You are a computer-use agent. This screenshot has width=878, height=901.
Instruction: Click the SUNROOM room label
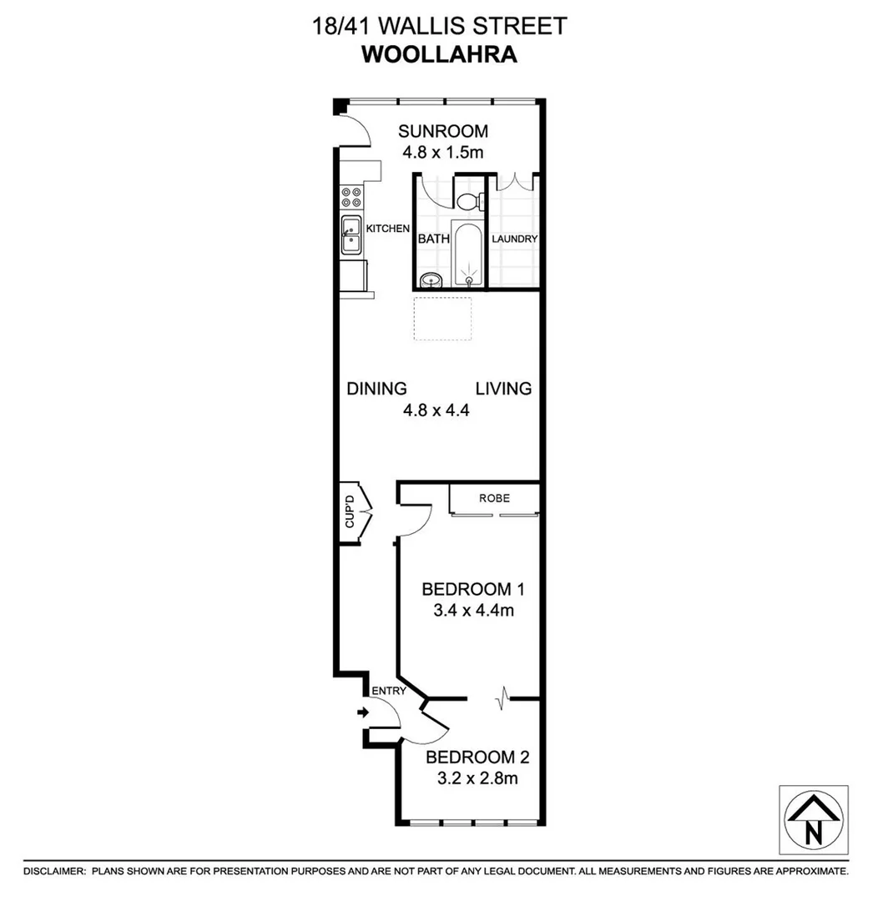[x=442, y=131]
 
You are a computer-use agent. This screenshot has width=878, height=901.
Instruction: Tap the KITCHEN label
[x=389, y=229]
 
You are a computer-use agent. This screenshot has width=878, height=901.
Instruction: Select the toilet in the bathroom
[x=467, y=200]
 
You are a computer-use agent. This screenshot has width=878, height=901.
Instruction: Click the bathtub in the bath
[x=467, y=254]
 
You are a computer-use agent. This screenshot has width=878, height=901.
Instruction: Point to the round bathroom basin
[x=431, y=280]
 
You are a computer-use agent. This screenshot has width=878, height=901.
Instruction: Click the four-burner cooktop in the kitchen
[x=351, y=198]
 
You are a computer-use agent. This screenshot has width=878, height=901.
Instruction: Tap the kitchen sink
[x=351, y=234]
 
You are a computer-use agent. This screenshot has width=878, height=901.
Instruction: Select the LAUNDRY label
[x=514, y=239]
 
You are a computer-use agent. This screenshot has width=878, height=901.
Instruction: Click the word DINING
[x=377, y=389]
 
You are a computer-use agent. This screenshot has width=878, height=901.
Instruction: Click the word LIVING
[x=503, y=389]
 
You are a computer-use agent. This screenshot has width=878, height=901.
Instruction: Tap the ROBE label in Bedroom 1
[x=494, y=499]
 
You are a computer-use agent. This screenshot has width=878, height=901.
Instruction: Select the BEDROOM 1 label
[x=472, y=589]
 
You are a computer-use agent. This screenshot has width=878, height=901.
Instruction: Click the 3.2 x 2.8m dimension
[x=477, y=780]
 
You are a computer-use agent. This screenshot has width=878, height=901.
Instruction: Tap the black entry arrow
[x=362, y=712]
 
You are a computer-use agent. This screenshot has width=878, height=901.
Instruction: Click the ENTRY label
[x=389, y=691]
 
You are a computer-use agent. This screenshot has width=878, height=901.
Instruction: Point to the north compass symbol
[x=813, y=819]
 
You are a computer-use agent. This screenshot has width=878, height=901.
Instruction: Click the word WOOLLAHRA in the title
[x=439, y=55]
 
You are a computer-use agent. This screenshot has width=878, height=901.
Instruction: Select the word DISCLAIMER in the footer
[x=54, y=871]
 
